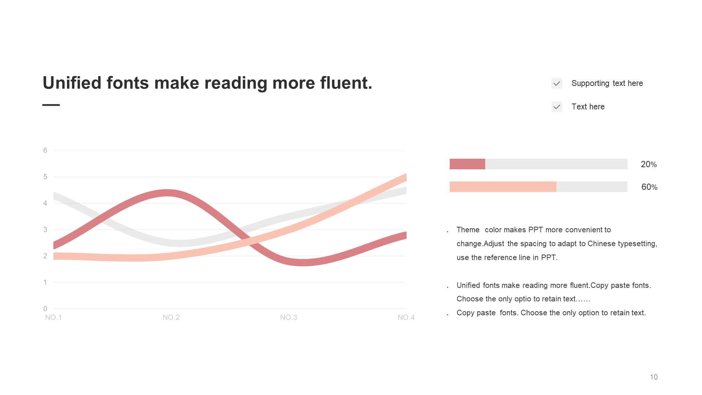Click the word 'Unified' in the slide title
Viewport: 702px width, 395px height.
pos(72,83)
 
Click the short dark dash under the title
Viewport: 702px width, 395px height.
pos(51,105)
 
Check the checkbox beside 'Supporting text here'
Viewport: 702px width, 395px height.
pos(557,83)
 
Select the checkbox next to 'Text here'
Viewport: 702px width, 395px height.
pos(557,107)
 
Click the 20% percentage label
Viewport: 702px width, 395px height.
pos(649,164)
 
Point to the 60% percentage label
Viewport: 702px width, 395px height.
pos(649,187)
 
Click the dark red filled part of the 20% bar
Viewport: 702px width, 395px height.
pos(467,164)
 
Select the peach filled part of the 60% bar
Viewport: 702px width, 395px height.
pos(503,187)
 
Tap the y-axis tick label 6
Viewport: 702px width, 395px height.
pos(45,150)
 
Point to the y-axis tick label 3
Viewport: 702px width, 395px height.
pos(45,230)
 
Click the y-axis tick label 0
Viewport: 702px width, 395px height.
pos(45,309)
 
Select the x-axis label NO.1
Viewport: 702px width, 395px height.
pos(53,317)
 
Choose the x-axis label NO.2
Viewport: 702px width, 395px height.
pos(171,317)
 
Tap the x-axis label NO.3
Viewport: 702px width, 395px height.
pos(289,317)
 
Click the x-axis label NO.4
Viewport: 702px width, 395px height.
pos(406,317)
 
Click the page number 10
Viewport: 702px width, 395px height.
pos(654,377)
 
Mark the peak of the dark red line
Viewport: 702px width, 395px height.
pos(167,193)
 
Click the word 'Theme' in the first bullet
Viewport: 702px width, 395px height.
pos(468,230)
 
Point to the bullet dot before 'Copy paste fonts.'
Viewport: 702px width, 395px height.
pos(448,315)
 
